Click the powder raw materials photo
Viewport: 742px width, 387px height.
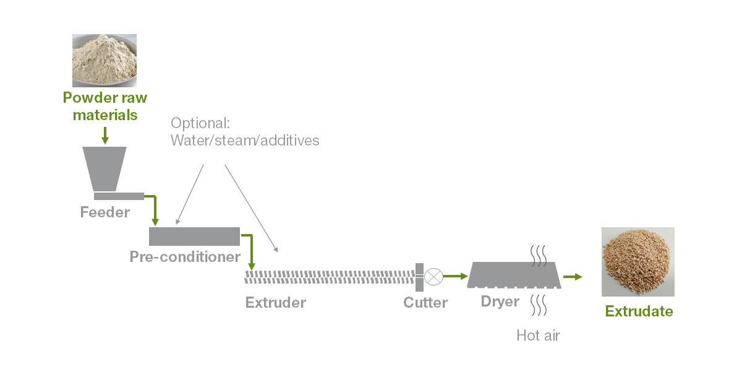pyautogui.click(x=104, y=60)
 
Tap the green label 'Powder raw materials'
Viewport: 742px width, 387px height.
pyautogui.click(x=104, y=107)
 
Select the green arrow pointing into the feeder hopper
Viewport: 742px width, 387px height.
pyautogui.click(x=104, y=135)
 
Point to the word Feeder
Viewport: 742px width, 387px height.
pyautogui.click(x=104, y=213)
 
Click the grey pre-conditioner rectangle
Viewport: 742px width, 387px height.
pyautogui.click(x=194, y=236)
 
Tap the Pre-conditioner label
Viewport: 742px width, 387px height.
pyautogui.click(x=185, y=256)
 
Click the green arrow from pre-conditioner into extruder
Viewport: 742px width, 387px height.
pyautogui.click(x=250, y=251)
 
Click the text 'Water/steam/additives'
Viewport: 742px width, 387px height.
pyautogui.click(x=245, y=141)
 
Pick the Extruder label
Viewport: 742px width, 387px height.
pyautogui.click(x=275, y=303)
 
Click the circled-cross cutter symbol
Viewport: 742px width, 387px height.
pyautogui.click(x=434, y=276)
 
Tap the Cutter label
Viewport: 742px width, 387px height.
pyautogui.click(x=425, y=303)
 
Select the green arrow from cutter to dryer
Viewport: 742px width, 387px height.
pyautogui.click(x=455, y=276)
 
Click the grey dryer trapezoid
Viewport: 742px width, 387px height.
pyautogui.click(x=514, y=274)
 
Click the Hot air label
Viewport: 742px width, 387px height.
pyautogui.click(x=538, y=336)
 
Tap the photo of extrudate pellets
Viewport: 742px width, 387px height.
pyautogui.click(x=638, y=261)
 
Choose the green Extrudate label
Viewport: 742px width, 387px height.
pyautogui.click(x=639, y=311)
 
